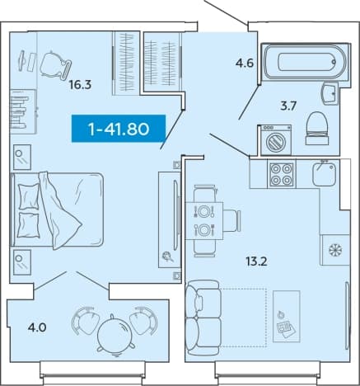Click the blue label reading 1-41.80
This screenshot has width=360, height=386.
point(119,129)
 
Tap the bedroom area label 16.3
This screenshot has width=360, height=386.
point(80,85)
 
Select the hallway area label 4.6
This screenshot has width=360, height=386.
point(245,64)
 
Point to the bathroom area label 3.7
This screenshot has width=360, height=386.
point(288,106)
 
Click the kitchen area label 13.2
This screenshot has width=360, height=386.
point(256,261)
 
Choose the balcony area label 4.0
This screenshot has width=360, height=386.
point(37,327)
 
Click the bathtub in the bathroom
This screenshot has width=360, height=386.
point(306,62)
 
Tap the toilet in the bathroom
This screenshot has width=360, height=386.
point(317,128)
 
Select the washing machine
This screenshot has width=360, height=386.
point(274,139)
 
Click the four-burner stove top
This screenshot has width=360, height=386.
point(282,174)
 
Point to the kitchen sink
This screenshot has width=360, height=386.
point(324,174)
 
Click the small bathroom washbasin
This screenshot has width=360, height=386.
point(330,94)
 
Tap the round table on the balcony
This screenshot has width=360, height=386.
point(115,336)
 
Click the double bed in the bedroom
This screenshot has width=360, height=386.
point(57,210)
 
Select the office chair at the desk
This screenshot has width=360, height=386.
point(55,66)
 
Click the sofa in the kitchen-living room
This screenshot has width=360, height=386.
point(203,318)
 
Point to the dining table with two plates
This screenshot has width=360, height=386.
point(204,221)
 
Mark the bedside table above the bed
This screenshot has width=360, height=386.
point(22,157)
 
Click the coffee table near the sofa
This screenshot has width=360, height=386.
point(287,317)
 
